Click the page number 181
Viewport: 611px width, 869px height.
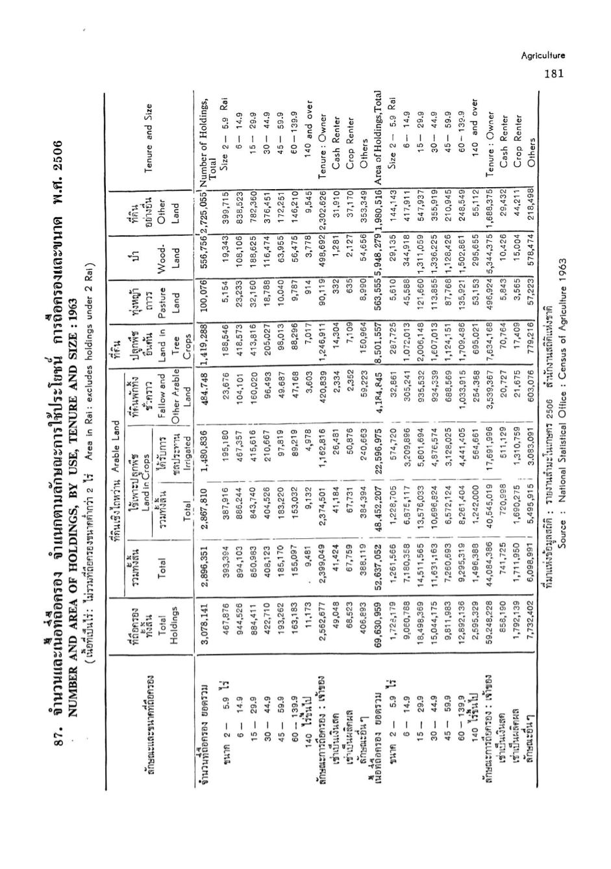pos(554,73)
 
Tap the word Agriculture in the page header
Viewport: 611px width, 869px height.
pos(543,56)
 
